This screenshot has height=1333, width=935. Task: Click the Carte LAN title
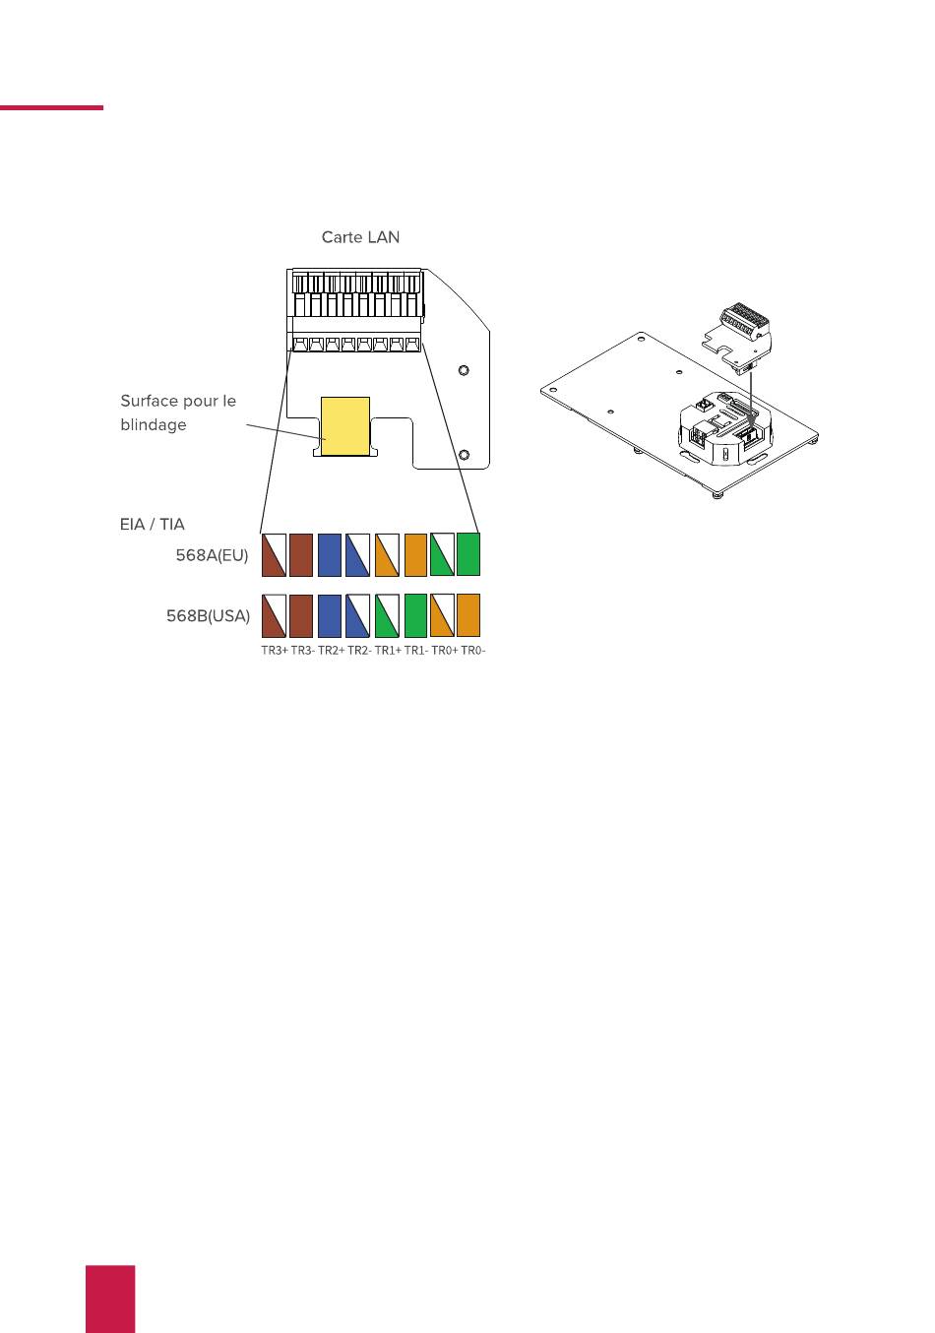360,237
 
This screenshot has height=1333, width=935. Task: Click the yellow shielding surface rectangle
345,425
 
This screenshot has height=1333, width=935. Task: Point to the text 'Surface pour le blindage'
178,413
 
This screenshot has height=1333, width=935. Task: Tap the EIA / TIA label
153,525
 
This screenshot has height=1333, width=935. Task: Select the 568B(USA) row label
208,616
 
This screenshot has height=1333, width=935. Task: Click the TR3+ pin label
274,651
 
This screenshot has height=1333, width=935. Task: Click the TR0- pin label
473,651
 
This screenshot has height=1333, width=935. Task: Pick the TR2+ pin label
331,651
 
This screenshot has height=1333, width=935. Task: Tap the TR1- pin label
416,651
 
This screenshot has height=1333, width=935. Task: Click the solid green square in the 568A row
468,553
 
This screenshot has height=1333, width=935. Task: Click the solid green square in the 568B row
415,615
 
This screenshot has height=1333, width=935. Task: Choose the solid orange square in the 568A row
415,554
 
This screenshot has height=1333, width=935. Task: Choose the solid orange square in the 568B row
468,615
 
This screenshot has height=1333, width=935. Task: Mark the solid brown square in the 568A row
301,554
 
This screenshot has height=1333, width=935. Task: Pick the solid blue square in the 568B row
330,615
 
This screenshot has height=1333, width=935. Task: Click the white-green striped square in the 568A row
442,553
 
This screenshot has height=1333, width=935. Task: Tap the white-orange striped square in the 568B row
442,615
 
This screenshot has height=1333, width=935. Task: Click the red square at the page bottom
109,1299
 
